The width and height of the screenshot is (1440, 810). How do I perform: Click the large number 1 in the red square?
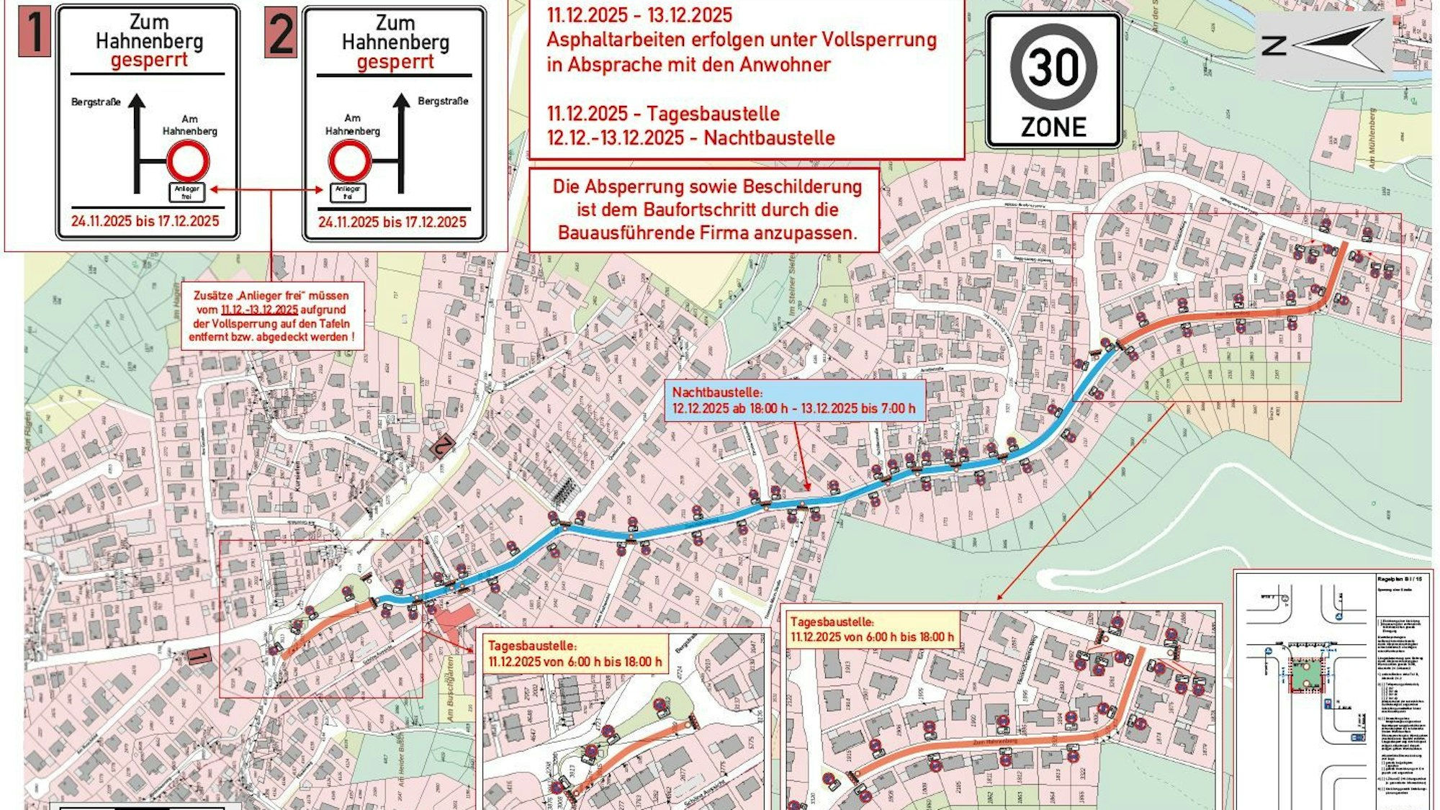(33, 32)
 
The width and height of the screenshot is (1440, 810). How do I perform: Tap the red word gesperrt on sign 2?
(395, 62)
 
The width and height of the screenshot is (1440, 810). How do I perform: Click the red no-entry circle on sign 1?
(188, 161)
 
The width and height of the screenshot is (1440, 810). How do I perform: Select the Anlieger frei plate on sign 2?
(348, 192)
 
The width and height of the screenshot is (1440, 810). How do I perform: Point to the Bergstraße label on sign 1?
(96, 102)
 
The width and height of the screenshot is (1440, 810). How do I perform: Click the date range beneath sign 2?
(392, 222)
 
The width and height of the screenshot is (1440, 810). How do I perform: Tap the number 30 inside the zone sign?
(1053, 67)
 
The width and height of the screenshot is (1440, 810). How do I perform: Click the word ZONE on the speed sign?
(1053, 127)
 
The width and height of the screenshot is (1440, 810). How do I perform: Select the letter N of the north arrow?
(1274, 46)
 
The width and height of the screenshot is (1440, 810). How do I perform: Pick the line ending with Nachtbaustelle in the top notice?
(690, 138)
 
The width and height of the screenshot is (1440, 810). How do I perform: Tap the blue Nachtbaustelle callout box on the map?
(794, 400)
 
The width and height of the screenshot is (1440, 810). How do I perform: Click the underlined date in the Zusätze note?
(259, 310)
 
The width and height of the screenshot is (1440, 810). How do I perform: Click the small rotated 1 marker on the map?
(199, 656)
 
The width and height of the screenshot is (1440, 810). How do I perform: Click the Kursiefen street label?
(297, 475)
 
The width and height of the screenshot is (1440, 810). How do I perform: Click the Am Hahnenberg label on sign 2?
(352, 125)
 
